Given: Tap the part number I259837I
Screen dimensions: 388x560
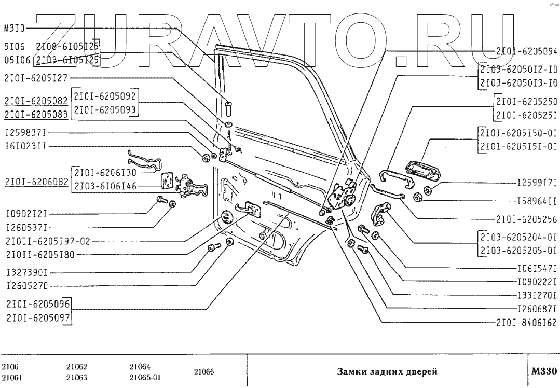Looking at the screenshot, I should tap(25, 132).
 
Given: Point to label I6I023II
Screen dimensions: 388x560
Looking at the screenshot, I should tap(25, 146).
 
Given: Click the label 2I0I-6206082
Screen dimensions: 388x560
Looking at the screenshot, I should tap(36, 180).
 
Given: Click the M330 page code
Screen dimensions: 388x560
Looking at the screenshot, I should tap(544, 371).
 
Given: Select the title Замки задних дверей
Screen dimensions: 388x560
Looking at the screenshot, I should tap(387, 372).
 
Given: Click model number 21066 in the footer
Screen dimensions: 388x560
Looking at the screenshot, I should tap(200, 372).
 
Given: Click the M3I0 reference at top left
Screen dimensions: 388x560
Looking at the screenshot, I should tap(13, 29).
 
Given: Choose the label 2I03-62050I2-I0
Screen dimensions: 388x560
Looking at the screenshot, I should tap(518, 69).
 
